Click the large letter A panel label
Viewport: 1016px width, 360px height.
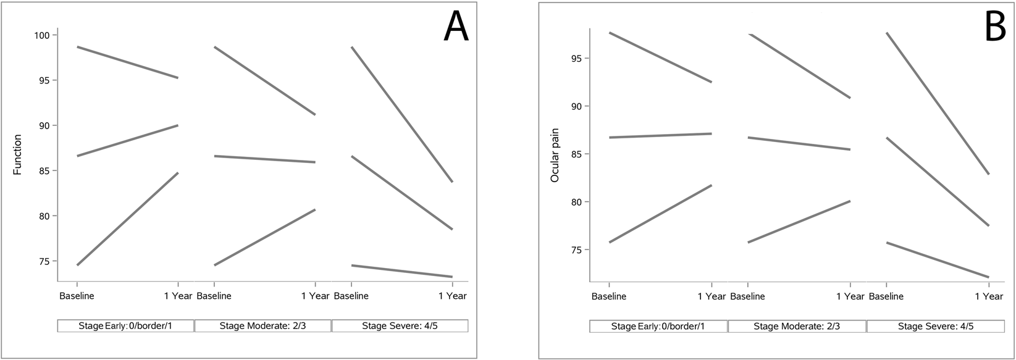click(x=456, y=27)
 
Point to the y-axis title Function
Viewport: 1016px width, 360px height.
click(x=17, y=154)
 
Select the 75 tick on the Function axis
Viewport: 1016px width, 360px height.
click(x=46, y=261)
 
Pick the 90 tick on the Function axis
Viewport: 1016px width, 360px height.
click(x=46, y=125)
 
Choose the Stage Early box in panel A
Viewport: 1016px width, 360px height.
click(x=126, y=325)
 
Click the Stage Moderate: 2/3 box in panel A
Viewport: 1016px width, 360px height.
click(x=263, y=325)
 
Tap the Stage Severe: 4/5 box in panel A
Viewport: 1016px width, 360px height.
click(x=400, y=325)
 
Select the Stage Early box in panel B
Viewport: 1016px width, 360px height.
click(x=658, y=325)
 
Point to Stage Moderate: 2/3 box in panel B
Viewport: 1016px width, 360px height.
click(x=797, y=325)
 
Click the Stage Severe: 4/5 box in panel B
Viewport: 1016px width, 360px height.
click(x=936, y=325)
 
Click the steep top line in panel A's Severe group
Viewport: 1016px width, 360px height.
click(x=402, y=114)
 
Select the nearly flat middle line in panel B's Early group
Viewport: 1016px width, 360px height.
click(x=660, y=135)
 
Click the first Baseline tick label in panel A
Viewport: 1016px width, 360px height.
click(x=77, y=296)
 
